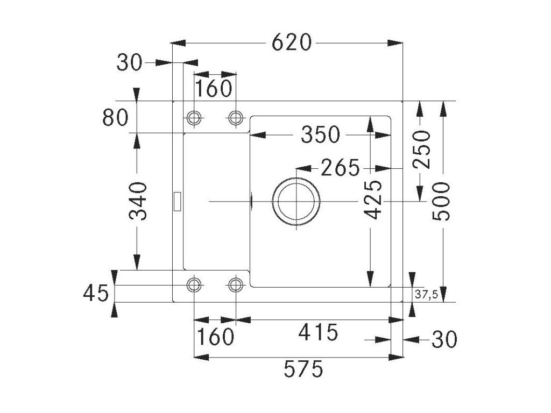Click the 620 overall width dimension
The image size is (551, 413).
[292, 42]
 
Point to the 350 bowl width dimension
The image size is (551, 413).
[321, 134]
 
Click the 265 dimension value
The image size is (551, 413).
[340, 168]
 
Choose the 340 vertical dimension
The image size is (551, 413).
[139, 201]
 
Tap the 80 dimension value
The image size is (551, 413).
[115, 118]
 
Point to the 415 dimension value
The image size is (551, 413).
[319, 332]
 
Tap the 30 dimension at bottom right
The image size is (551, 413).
[444, 339]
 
